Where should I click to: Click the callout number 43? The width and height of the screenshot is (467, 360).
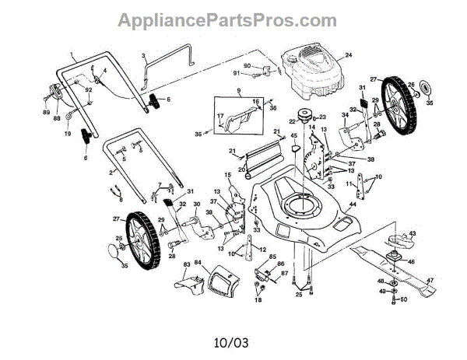(413, 234)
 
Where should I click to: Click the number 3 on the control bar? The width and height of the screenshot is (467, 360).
(144, 56)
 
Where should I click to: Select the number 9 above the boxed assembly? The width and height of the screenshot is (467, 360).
(229, 92)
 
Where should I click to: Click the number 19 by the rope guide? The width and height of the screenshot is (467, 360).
(68, 134)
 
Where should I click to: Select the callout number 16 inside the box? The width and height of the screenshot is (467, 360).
(254, 102)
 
